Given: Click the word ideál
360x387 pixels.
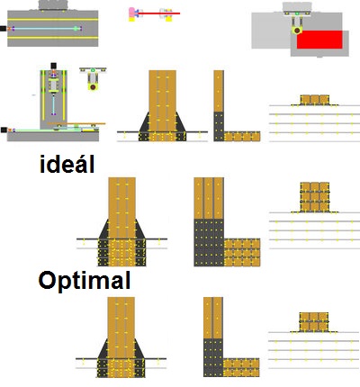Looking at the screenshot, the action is (x=67, y=164).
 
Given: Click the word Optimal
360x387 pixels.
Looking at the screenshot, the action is (x=85, y=281).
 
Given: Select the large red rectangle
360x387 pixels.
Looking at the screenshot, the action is (x=319, y=40).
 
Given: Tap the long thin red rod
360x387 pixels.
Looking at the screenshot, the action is (x=159, y=13).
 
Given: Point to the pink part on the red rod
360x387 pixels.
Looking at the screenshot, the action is (x=132, y=13).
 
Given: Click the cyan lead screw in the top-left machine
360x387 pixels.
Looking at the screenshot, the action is (x=45, y=29).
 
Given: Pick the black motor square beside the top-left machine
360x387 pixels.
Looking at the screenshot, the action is (x=3, y=29).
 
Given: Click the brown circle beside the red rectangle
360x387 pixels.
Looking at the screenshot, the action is (x=297, y=31).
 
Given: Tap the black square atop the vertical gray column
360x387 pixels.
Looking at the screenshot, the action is (x=53, y=66).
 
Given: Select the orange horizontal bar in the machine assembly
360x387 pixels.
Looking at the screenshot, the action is (x=76, y=123).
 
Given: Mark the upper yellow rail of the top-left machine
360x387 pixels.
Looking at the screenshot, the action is (x=53, y=20).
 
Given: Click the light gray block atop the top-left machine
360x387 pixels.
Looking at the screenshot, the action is (x=53, y=5).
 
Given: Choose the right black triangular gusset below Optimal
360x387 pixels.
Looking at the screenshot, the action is (x=139, y=350).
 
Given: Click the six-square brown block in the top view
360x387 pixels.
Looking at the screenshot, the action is (x=314, y=322).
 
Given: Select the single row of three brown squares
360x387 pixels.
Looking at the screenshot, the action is (x=315, y=100).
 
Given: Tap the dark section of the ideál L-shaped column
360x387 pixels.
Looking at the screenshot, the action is (x=209, y=242).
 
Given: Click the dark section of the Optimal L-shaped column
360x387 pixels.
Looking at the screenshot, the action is (x=213, y=357).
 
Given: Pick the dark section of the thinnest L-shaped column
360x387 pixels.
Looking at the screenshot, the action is (x=219, y=126).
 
